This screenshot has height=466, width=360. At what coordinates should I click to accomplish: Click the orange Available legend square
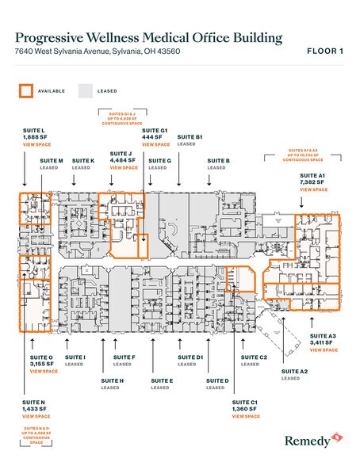pos(25,90)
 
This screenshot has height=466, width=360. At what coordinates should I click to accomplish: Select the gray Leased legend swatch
pos(84,90)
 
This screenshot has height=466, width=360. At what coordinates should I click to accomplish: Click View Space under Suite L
pos(38,145)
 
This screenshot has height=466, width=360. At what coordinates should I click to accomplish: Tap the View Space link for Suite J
pos(124,168)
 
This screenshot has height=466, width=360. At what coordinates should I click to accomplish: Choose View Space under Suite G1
pos(155,145)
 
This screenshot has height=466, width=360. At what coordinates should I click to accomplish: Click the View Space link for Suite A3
pos(324,349)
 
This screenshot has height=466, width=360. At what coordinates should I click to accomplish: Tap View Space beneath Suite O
pos(44,371)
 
